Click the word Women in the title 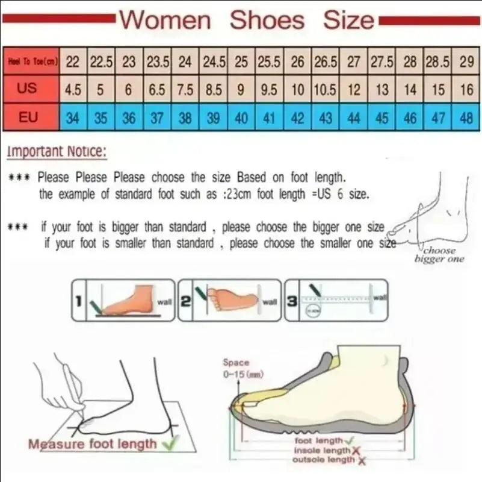pos(165,20)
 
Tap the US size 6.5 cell pos(156,90)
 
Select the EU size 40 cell pos(241,117)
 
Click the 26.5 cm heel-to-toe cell pos(326,61)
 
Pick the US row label pos(27,89)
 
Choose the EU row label pos(28,116)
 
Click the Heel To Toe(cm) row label pos(32,61)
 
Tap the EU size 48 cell pos(466,117)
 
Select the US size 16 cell pos(466,90)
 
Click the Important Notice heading pos(57,152)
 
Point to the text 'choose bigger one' pos(439,254)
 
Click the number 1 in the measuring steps pos(78,299)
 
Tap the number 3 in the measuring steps pos(292,299)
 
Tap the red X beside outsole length pos(362,460)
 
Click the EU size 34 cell pos(72,117)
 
